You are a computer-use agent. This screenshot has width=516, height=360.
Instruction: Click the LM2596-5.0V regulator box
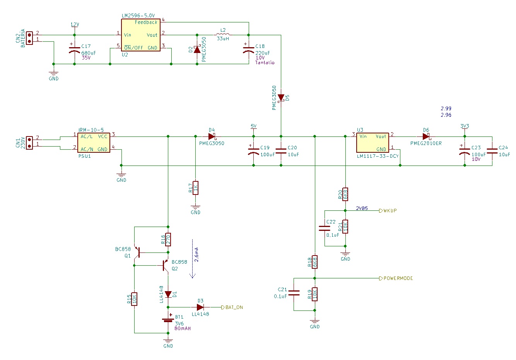[141, 35]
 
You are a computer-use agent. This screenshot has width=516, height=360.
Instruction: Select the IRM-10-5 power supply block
[94, 143]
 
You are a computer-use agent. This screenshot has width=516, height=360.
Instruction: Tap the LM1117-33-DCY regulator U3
[372, 143]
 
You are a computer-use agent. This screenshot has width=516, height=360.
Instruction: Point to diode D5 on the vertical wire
[281, 98]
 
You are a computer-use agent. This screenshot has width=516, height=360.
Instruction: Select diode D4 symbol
[212, 136]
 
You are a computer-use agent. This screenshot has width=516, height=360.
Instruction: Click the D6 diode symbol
[426, 136]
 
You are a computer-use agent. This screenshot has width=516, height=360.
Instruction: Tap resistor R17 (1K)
[195, 188]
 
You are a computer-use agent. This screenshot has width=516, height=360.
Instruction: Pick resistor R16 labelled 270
[168, 239]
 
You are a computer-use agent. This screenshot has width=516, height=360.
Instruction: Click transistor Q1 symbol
[138, 253]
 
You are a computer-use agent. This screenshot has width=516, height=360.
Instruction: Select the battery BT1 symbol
[168, 320]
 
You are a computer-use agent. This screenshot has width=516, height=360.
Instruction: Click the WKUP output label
[388, 210]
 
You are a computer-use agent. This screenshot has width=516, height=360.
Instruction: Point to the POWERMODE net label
[396, 278]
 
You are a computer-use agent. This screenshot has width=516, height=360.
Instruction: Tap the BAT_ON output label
[232, 307]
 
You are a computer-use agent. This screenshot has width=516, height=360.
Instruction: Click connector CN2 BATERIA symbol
[29, 38]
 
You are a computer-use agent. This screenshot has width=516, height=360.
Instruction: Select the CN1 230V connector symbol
[29, 143]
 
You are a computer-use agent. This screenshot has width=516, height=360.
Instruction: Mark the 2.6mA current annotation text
[196, 254]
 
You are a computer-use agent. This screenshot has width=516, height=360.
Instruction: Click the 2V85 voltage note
[362, 208]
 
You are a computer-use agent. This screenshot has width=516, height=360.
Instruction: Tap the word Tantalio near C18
[265, 62]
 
